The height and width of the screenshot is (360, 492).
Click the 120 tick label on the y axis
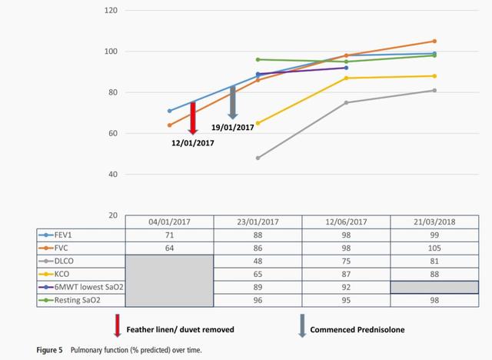pyautogui.click(x=111, y=11)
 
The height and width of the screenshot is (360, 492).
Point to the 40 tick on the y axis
pyautogui.click(x=113, y=175)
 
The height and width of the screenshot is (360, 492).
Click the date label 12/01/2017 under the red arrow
pyautogui.click(x=192, y=142)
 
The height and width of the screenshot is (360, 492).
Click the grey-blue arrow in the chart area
pyautogui.click(x=233, y=102)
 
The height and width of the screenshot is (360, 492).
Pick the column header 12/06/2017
pyautogui.click(x=346, y=222)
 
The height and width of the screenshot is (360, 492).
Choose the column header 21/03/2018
pyautogui.click(x=434, y=222)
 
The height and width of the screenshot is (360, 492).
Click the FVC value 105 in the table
pyautogui.click(x=434, y=248)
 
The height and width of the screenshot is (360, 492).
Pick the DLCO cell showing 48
pyautogui.click(x=258, y=260)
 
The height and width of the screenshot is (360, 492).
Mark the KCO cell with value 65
pyautogui.click(x=258, y=273)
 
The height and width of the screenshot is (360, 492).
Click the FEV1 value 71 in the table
pyautogui.click(x=170, y=235)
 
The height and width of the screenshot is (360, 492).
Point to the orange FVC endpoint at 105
pyautogui.click(x=434, y=42)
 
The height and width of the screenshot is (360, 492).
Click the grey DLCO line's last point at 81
pyautogui.click(x=434, y=91)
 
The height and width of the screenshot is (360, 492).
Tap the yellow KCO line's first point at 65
pyautogui.click(x=258, y=123)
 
